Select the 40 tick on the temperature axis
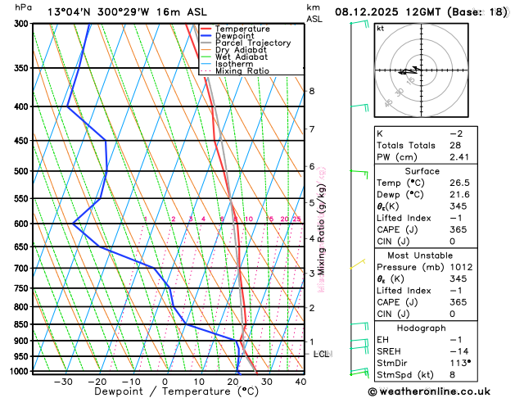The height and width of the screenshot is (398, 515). pyautogui.click(x=300, y=382)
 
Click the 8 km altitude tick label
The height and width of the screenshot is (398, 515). pyautogui.click(x=311, y=91)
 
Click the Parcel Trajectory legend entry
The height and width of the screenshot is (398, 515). pyautogui.click(x=254, y=43)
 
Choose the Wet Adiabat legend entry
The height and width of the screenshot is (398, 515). pyautogui.click(x=243, y=57)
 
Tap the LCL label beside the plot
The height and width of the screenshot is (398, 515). pyautogui.click(x=321, y=354)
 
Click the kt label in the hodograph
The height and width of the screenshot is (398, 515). pyautogui.click(x=380, y=28)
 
